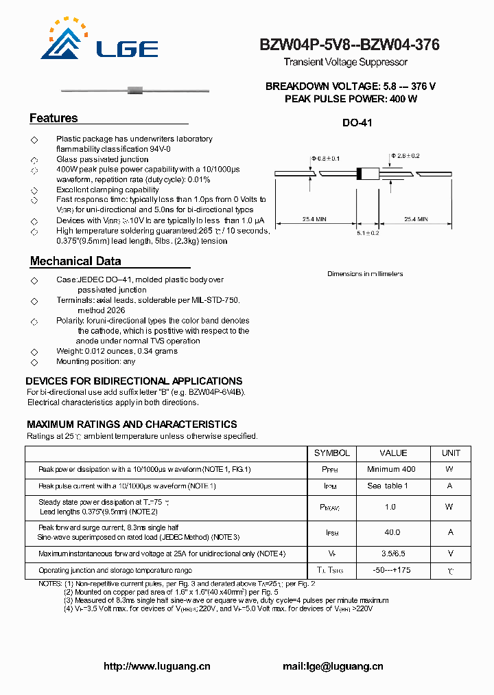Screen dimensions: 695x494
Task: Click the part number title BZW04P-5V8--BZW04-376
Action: [x=349, y=45]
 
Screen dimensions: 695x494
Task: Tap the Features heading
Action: [x=54, y=118]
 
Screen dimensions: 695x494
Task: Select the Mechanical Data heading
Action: [x=75, y=261]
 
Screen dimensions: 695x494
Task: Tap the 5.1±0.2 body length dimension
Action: [x=368, y=233]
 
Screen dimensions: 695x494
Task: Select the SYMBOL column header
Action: [x=332, y=453]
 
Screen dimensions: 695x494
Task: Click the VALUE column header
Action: [x=393, y=453]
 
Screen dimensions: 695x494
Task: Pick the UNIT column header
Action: [x=451, y=453]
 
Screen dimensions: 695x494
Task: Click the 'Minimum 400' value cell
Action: [x=391, y=469]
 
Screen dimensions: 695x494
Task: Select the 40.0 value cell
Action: [x=392, y=532]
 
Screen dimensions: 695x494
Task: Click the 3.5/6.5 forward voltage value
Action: [x=392, y=554]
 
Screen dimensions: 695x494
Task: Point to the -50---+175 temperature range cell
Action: [x=392, y=571]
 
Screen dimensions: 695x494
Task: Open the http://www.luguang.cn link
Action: [x=156, y=666]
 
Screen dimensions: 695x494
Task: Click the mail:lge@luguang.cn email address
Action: [x=333, y=666]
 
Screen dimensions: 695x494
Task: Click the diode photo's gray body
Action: [x=135, y=90]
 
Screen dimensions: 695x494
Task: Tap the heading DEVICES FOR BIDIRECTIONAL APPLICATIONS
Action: [x=134, y=381]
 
